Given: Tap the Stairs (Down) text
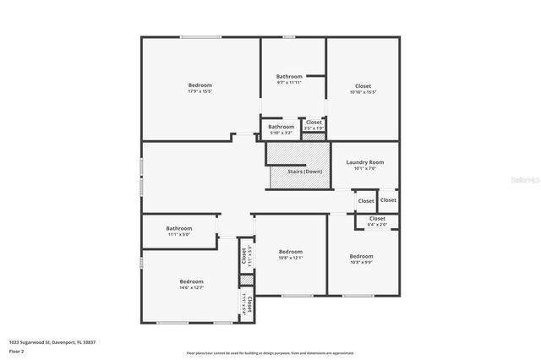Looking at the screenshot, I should (304, 172).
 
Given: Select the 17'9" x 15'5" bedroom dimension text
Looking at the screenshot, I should (199, 91).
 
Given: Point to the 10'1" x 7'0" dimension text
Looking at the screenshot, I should (365, 168).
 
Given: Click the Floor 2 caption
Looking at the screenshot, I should (18, 349).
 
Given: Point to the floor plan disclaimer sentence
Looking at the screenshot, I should (270, 353).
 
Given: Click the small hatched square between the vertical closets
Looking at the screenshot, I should (247, 279).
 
